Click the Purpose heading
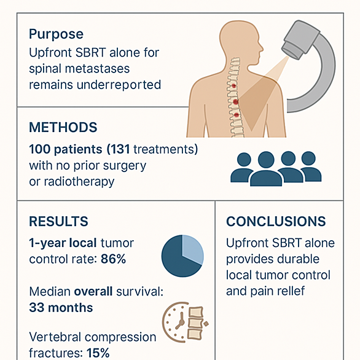tap(56, 34)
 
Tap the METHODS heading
tap(63, 127)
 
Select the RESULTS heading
tap(58, 221)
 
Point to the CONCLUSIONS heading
tap(276, 221)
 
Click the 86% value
tap(113, 259)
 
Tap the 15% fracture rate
tap(98, 353)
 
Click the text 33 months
tap(61, 307)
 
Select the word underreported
tap(119, 85)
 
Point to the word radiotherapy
tap(79, 182)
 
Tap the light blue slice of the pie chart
tap(192, 249)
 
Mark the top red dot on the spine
tap(233, 86)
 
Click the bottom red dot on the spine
tap(237, 115)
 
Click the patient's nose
tap(261, 48)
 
